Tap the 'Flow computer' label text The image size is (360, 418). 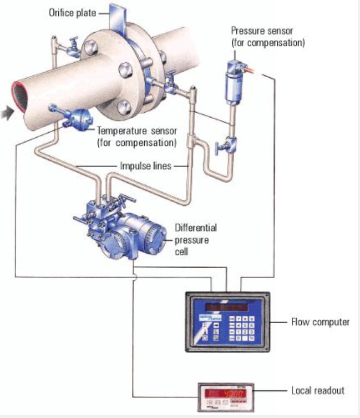tap(320, 322)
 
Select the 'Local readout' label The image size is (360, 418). tap(318, 390)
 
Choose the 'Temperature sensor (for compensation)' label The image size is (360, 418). tap(136, 137)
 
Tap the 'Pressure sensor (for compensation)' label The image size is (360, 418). tap(267, 37)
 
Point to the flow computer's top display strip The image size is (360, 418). tap(229, 307)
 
